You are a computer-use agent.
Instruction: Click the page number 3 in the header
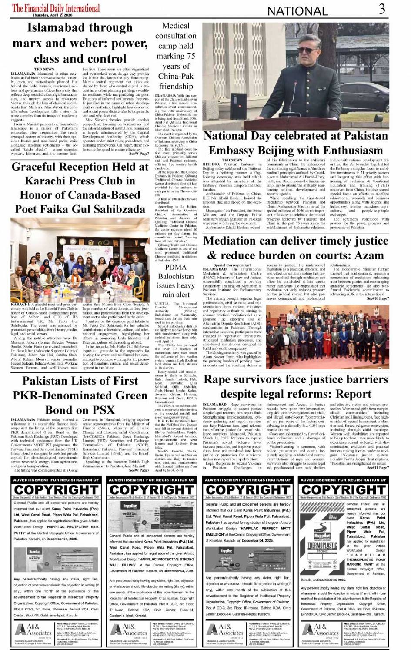(382, 9)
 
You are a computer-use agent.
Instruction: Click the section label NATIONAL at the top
(298, 11)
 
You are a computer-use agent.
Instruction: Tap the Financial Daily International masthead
(56, 8)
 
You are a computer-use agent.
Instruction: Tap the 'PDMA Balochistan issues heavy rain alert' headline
(176, 281)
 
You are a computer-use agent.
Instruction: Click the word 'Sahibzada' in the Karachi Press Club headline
(113, 209)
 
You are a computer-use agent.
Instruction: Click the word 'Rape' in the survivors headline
(217, 380)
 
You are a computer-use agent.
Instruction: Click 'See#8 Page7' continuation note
(139, 154)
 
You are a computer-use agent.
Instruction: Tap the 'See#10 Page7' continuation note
(378, 298)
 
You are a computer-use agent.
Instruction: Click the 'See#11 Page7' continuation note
(378, 468)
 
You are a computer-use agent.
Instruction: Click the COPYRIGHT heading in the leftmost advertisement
(56, 490)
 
